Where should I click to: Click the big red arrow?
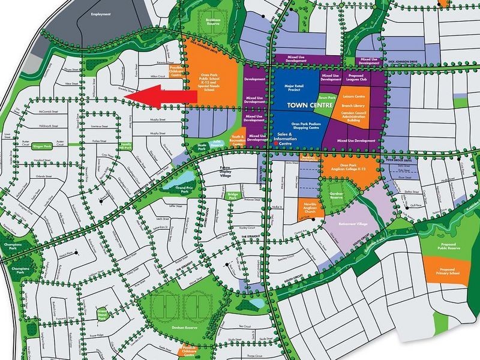[x=157, y=97]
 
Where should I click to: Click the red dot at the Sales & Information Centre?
[x=275, y=143]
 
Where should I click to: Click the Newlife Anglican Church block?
[x=311, y=208]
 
